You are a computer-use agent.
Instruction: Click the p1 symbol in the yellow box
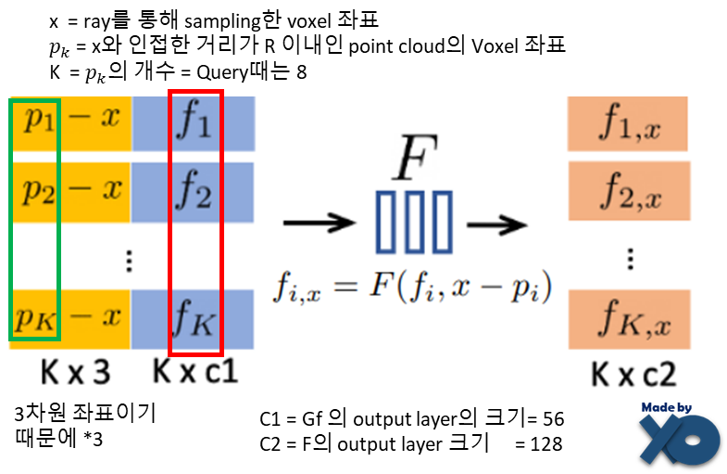(x=37, y=121)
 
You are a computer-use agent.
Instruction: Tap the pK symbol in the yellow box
(x=36, y=318)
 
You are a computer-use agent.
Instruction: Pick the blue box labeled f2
(x=194, y=193)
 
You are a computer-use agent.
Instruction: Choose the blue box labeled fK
(x=194, y=319)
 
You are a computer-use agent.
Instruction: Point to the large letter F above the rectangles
(x=414, y=160)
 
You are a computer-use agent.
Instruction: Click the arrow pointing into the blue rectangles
(x=320, y=224)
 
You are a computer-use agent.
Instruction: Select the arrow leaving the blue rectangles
(x=496, y=224)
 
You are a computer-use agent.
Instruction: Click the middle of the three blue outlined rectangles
(x=414, y=222)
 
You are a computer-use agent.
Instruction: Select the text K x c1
(x=195, y=373)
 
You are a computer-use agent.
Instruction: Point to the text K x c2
(x=634, y=374)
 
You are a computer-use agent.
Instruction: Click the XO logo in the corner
(x=679, y=439)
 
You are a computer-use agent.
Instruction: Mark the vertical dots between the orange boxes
(x=630, y=257)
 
